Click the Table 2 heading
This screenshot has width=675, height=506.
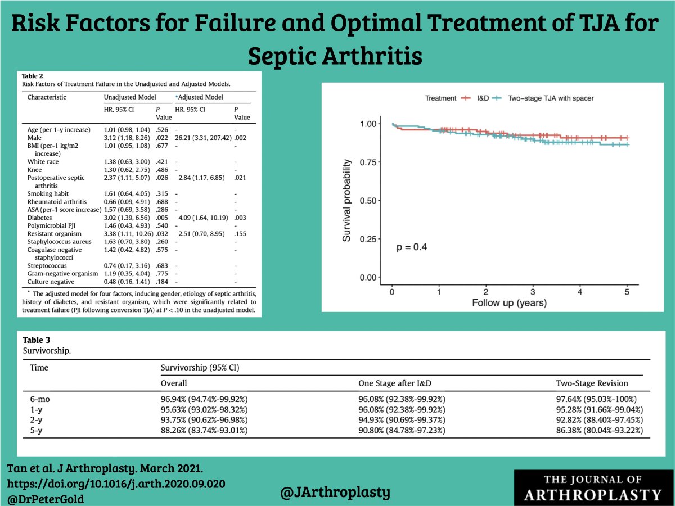click(x=32, y=75)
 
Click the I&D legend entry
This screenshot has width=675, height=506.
click(x=475, y=98)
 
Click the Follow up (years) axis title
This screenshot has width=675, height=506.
click(x=509, y=302)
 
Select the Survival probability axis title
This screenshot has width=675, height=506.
click(x=347, y=200)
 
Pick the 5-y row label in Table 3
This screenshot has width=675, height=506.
click(x=37, y=430)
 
